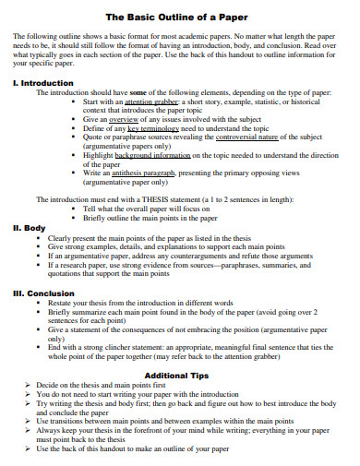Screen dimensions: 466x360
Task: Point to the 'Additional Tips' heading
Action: (177, 376)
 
